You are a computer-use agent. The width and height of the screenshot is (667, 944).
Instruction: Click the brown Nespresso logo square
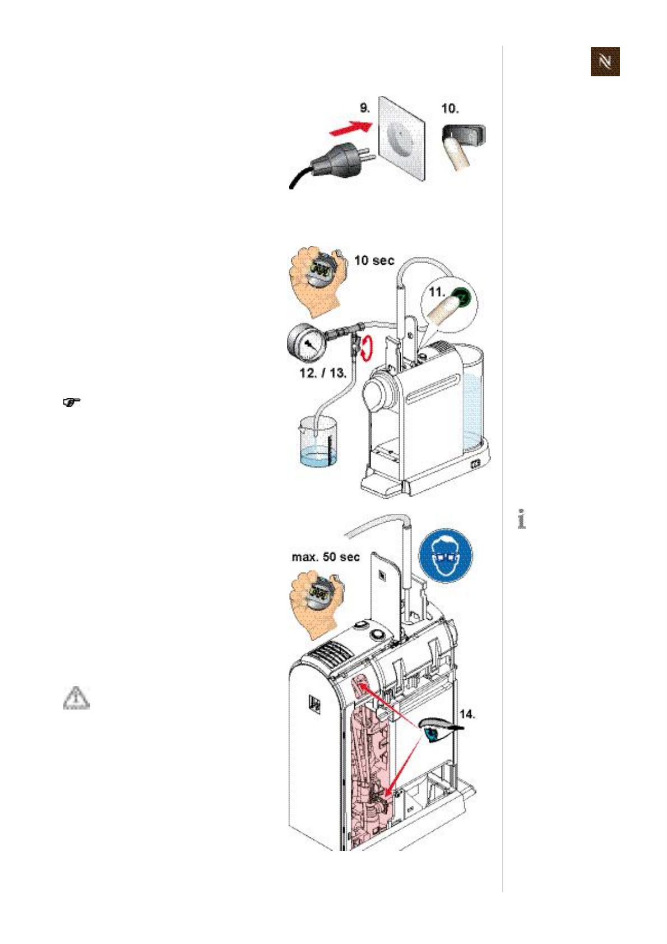[605, 62]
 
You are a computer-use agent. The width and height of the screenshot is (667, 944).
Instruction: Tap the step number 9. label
[365, 108]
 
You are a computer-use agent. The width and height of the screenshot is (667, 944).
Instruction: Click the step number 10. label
[450, 108]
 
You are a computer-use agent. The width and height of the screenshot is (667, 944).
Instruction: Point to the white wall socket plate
[401, 137]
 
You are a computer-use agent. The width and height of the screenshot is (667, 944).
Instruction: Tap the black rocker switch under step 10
[464, 136]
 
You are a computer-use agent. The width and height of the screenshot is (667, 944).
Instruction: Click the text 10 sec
[374, 260]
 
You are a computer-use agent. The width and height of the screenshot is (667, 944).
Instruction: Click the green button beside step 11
[461, 296]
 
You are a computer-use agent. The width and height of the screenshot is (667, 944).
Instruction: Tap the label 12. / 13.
[322, 373]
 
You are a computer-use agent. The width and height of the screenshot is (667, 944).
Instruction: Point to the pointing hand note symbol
[71, 402]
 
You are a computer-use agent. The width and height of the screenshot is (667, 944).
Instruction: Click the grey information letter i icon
[521, 519]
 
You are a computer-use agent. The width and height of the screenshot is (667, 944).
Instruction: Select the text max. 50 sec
[326, 557]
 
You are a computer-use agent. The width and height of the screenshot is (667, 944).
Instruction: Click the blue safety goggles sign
[446, 555]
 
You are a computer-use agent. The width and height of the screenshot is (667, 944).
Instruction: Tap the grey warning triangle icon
[76, 698]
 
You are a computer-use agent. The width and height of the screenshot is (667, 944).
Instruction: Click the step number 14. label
[467, 714]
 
